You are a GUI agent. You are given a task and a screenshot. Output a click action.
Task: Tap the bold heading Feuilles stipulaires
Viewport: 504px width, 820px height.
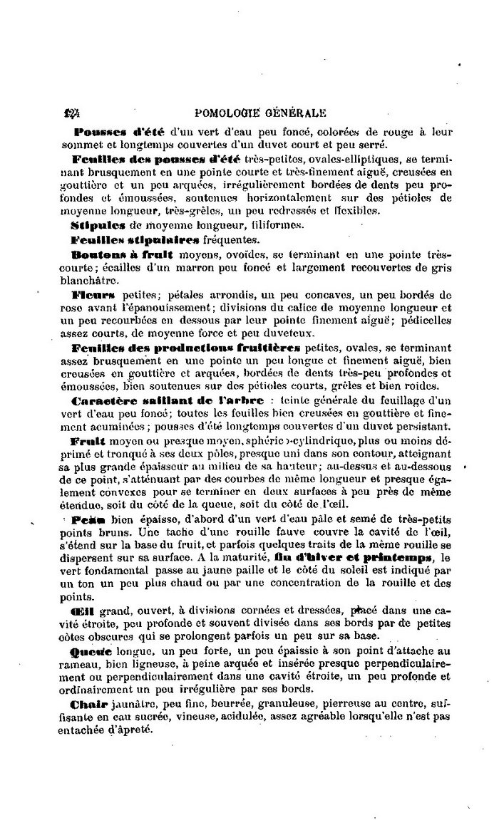(127, 240)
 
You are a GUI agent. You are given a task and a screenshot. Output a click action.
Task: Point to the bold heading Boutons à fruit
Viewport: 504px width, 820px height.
(123, 254)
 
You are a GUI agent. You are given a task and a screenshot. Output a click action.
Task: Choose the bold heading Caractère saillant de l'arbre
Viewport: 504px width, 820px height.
(168, 400)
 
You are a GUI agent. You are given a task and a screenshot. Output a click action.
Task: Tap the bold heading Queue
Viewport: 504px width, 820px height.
(91, 651)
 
